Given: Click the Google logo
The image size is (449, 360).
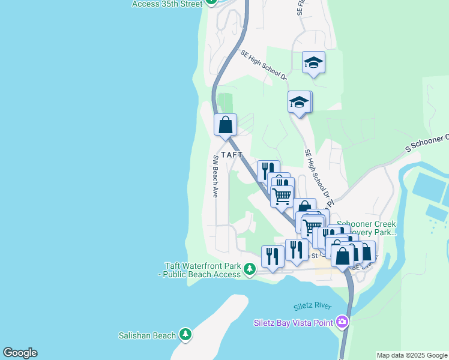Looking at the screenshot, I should pyautogui.click(x=20, y=353).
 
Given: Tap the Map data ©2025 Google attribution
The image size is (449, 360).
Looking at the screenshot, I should pyautogui.click(x=412, y=355).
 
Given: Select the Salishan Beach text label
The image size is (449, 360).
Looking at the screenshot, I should pyautogui.click(x=147, y=336).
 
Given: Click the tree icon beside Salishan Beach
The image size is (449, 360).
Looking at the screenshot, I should pyautogui.click(x=185, y=335).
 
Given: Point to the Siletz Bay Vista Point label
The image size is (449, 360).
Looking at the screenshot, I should pyautogui.click(x=294, y=323).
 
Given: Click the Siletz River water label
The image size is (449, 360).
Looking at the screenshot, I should pyautogui.click(x=313, y=307).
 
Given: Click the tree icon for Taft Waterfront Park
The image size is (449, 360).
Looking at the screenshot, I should pyautogui.click(x=249, y=271).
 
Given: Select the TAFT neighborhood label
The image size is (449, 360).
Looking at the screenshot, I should pyautogui.click(x=232, y=154).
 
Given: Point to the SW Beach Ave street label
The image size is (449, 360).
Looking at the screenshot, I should pyautogui.click(x=215, y=176).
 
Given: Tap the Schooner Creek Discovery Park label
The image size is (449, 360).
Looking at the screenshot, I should pyautogui.click(x=366, y=228).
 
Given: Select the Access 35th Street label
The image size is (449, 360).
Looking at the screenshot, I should pyautogui.click(x=167, y=4).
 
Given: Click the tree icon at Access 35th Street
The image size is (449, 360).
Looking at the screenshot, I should pyautogui.click(x=211, y=2).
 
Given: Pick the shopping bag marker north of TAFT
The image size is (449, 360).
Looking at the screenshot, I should pyautogui.click(x=226, y=125).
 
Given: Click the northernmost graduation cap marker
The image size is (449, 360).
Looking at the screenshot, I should pyautogui.click(x=313, y=62).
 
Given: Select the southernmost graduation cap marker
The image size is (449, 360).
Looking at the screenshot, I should pyautogui.click(x=298, y=102).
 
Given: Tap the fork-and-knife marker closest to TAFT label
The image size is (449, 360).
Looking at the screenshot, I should pyautogui.click(x=268, y=170).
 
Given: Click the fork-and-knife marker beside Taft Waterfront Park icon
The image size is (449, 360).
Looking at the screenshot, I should pyautogui.click(x=273, y=256).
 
